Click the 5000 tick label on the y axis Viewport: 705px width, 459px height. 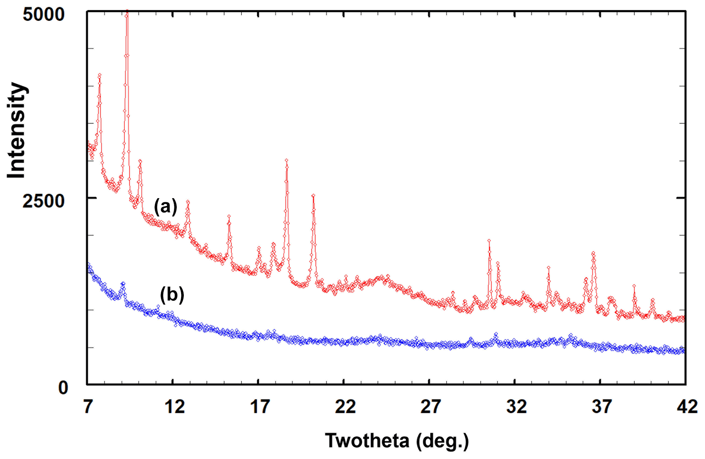pyautogui.click(x=43, y=15)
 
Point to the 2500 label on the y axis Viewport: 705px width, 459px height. pyautogui.click(x=43, y=201)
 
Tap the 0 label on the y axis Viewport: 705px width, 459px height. pyautogui.click(x=63, y=388)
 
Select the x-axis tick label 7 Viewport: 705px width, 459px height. pyautogui.click(x=88, y=407)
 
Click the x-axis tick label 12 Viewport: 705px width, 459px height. pyautogui.click(x=174, y=407)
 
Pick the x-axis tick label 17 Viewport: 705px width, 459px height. pyautogui.click(x=260, y=407)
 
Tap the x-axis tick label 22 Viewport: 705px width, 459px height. pyautogui.click(x=345, y=407)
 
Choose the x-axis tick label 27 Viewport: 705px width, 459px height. pyautogui.click(x=430, y=407)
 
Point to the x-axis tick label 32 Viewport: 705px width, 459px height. pyautogui.click(x=516, y=407)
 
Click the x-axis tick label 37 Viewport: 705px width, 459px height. pyautogui.click(x=601, y=407)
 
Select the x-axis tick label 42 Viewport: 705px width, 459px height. pyautogui.click(x=687, y=407)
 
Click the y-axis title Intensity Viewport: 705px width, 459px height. pyautogui.click(x=16, y=130)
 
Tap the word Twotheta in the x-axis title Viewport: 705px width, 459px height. pyautogui.click(x=367, y=441)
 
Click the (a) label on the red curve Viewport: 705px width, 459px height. pyautogui.click(x=166, y=207)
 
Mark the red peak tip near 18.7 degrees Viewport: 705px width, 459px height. pyautogui.click(x=287, y=160)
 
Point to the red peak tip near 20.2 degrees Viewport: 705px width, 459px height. pyautogui.click(x=313, y=195)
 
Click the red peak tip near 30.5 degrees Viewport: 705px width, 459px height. pyautogui.click(x=489, y=241)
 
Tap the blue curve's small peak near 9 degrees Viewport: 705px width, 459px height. pyautogui.click(x=123, y=283)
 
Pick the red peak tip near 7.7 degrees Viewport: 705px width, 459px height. pyautogui.click(x=100, y=75)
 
